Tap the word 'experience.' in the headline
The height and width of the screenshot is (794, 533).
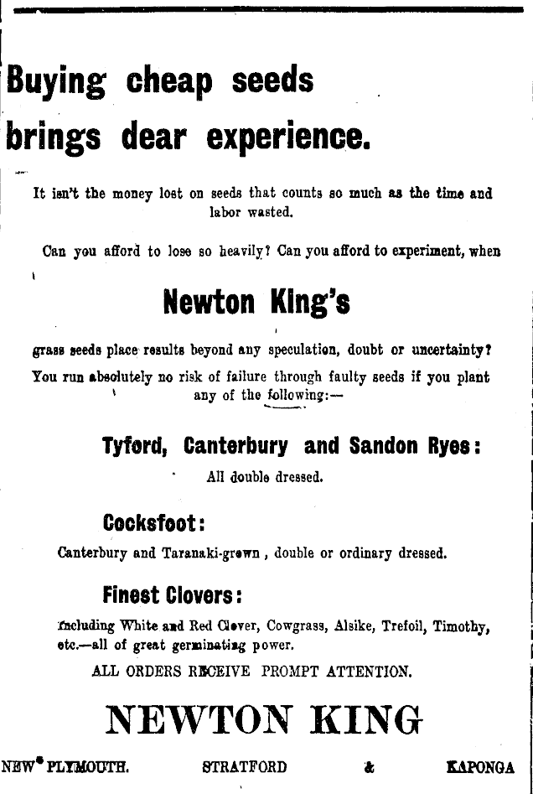click(287, 135)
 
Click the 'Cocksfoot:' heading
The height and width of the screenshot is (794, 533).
click(154, 522)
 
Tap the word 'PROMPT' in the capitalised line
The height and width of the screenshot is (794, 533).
click(291, 671)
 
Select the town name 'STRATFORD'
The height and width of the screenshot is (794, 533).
click(246, 767)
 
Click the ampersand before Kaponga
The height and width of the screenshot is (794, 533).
click(369, 767)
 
